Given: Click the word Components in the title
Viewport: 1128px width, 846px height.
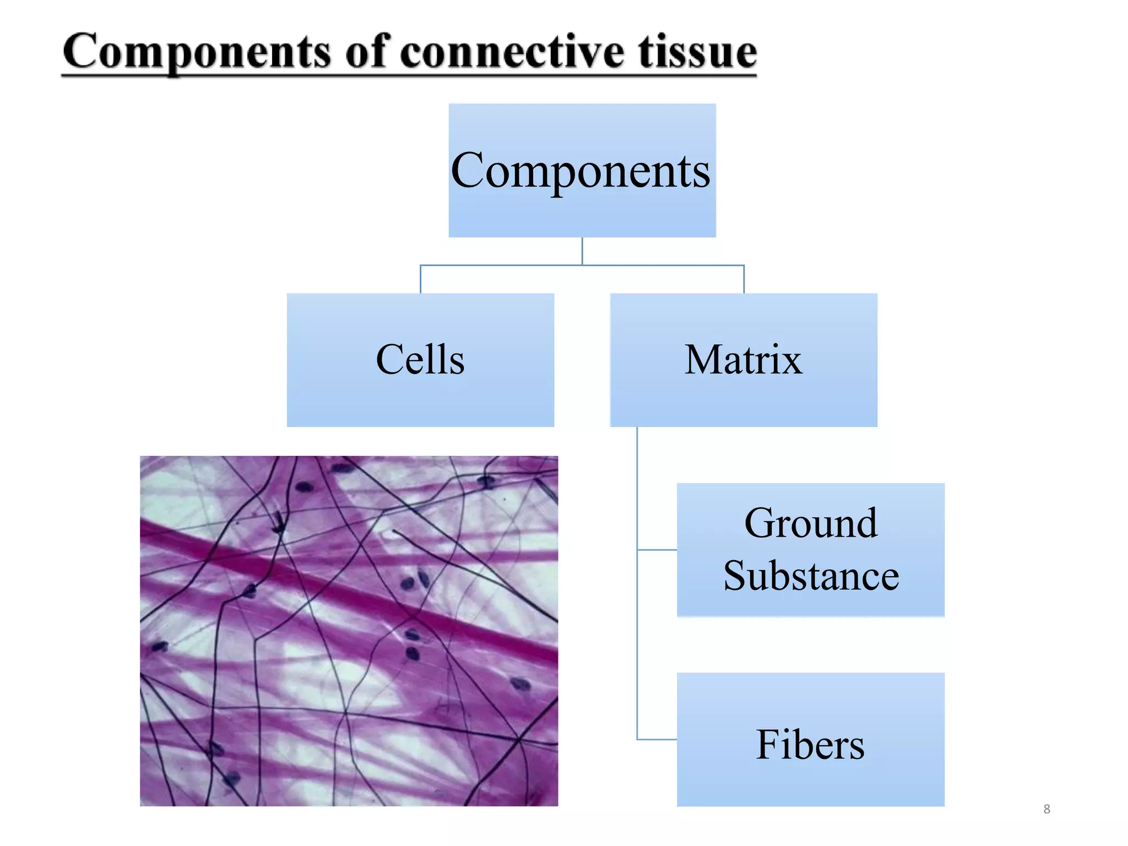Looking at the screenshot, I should click(x=196, y=52).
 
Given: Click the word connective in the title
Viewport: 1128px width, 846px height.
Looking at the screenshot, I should click(x=512, y=52).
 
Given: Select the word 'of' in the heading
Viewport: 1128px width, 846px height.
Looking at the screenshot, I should click(x=368, y=52).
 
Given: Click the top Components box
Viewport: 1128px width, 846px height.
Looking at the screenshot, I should click(x=582, y=170).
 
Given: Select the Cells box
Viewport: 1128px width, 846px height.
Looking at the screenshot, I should click(x=420, y=360).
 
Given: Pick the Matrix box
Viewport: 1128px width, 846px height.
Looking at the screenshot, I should click(x=743, y=360).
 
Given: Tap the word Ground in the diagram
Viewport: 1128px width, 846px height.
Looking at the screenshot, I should click(x=810, y=523).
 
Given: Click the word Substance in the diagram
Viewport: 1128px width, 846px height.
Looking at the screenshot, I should click(x=810, y=576).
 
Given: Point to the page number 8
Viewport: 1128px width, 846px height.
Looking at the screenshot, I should click(x=1046, y=809).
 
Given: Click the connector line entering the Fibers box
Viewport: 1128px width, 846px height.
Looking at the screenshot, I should click(x=657, y=739).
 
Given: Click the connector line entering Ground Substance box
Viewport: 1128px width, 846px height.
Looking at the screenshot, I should click(x=657, y=549).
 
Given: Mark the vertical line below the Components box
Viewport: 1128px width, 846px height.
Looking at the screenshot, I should click(x=582, y=251).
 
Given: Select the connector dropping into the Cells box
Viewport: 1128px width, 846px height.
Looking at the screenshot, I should click(x=421, y=279).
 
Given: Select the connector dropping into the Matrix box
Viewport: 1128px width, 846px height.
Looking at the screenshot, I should click(x=744, y=279).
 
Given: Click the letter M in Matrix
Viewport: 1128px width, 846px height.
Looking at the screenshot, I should click(x=703, y=360).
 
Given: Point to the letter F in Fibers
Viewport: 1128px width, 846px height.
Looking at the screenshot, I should click(x=769, y=744).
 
